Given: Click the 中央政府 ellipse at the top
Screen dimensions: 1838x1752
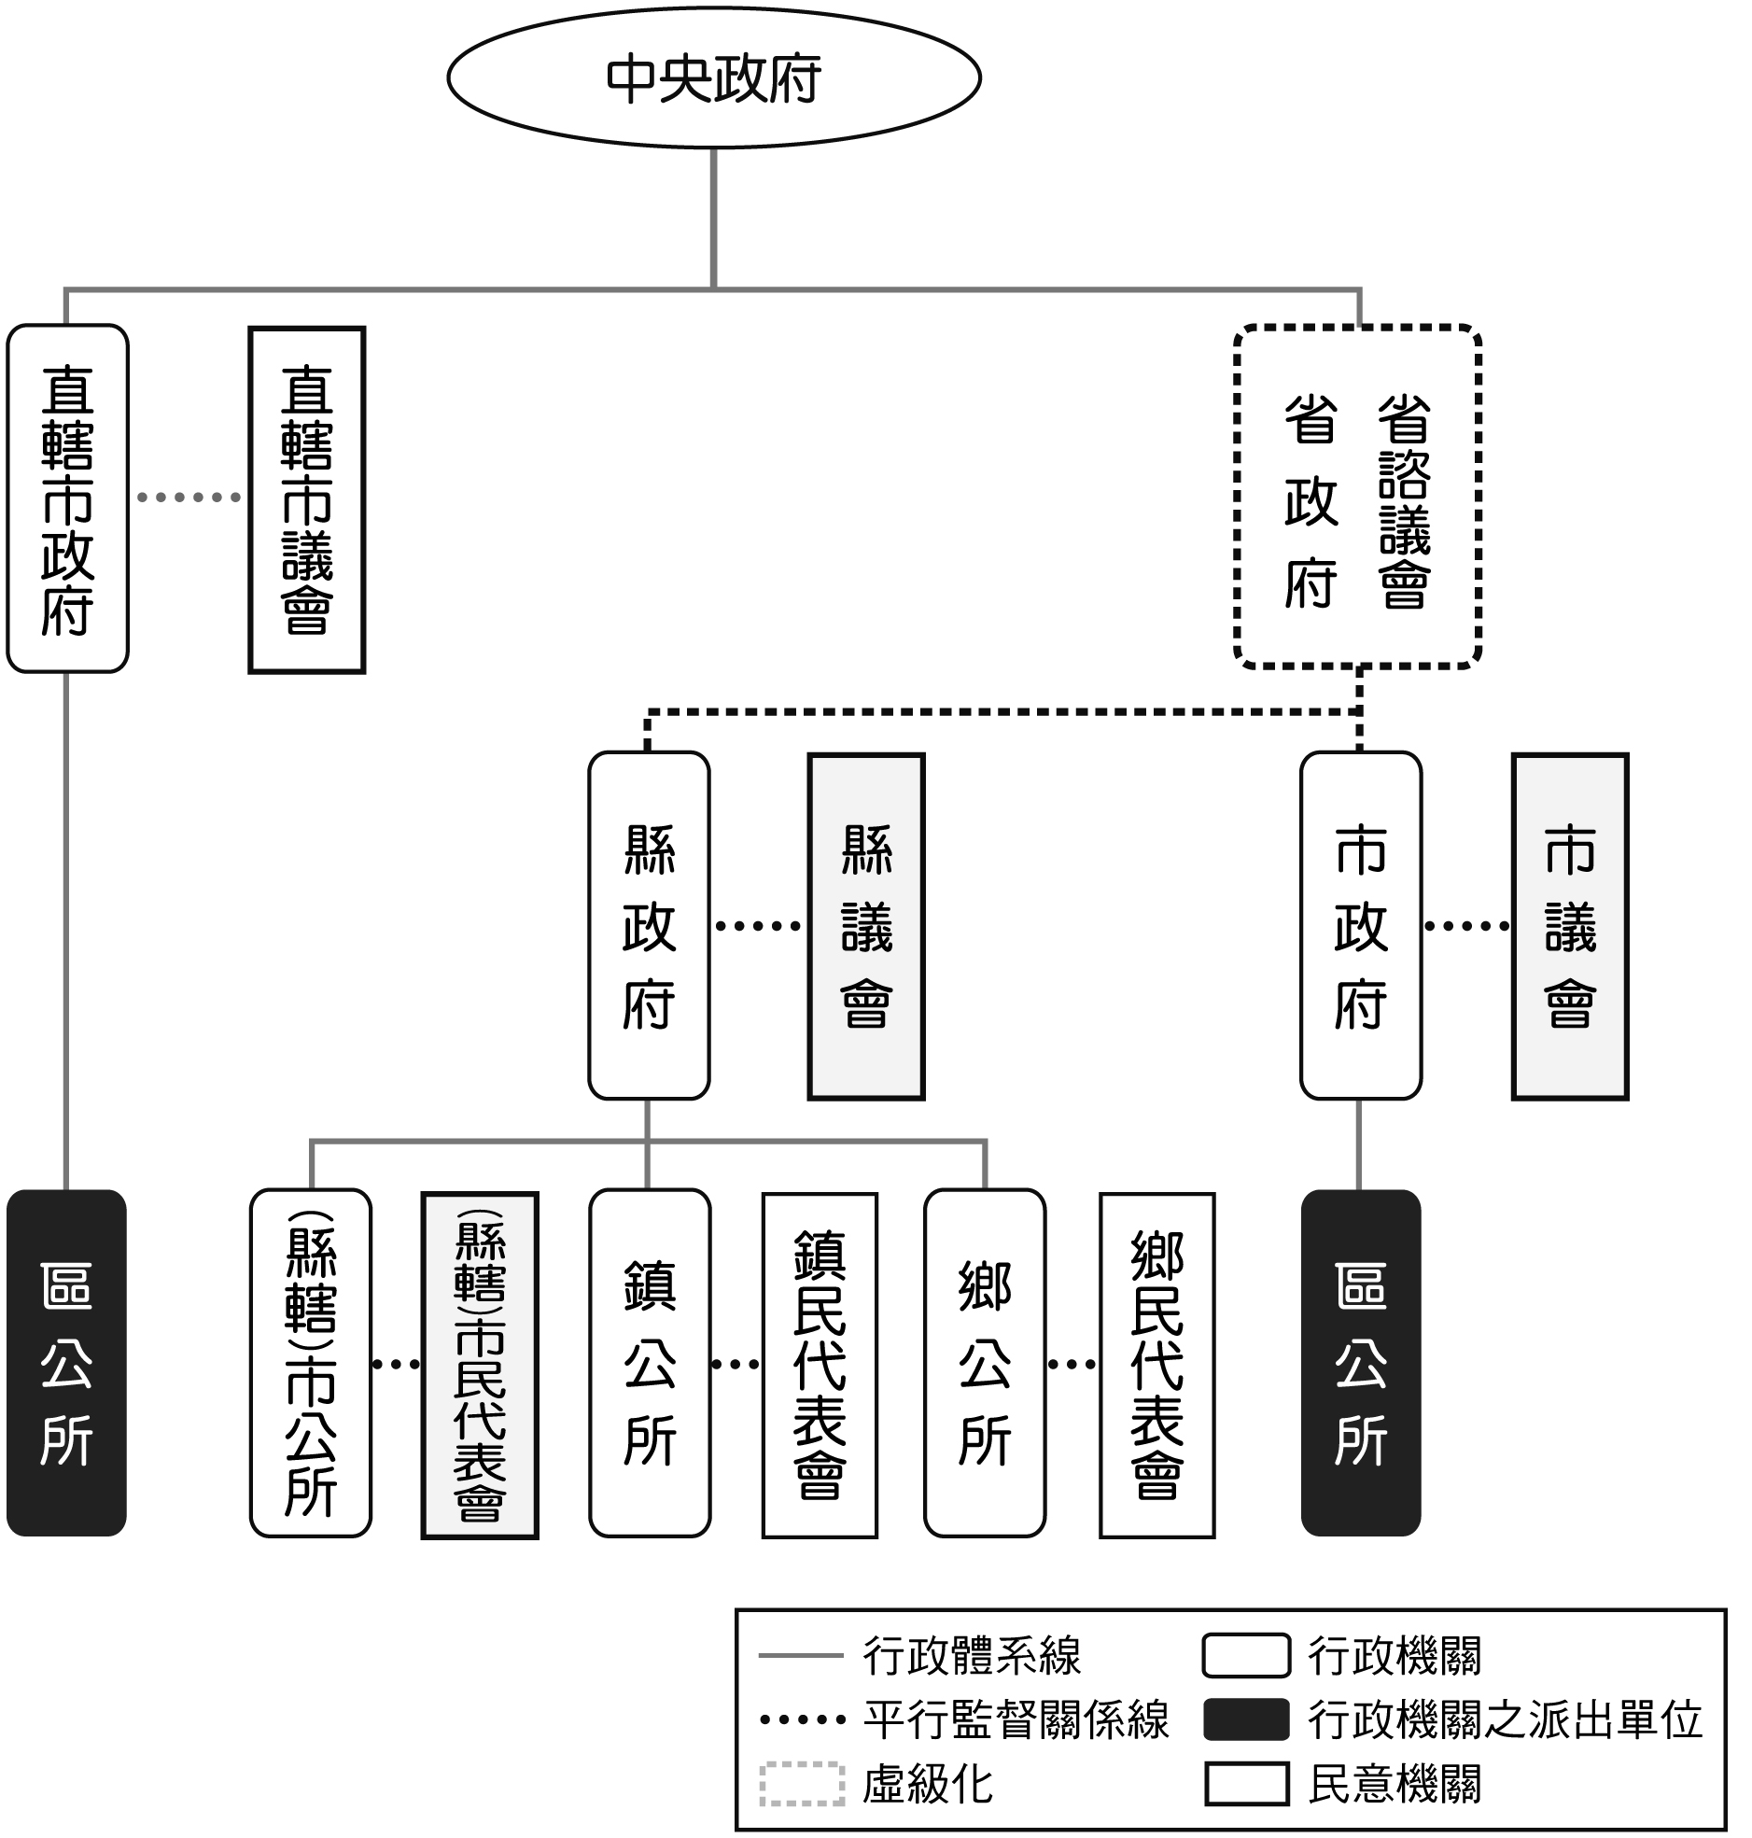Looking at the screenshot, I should pyautogui.click(x=713, y=78).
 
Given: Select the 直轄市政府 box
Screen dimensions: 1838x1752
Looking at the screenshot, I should pyautogui.click(x=67, y=498).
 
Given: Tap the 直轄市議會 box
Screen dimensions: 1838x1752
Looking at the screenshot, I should pyautogui.click(x=306, y=499).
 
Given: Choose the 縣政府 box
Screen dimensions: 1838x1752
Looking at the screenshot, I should pyautogui.click(x=649, y=926).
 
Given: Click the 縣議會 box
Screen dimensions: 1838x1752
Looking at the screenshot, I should pyautogui.click(x=865, y=927).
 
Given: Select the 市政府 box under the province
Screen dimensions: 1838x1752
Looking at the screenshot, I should pyautogui.click(x=1361, y=926).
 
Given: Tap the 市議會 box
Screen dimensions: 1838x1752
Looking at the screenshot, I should pyautogui.click(x=1570, y=927).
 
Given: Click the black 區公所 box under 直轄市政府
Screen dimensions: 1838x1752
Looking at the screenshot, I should pyautogui.click(x=66, y=1363).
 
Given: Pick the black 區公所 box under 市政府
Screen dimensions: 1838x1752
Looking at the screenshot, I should pyautogui.click(x=1361, y=1363).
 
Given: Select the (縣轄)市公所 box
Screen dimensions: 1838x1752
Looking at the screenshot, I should pyautogui.click(x=311, y=1363).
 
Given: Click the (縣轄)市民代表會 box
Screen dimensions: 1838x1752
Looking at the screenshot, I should pyautogui.click(x=480, y=1365).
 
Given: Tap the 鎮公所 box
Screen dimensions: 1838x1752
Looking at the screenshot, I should pyautogui.click(x=649, y=1363).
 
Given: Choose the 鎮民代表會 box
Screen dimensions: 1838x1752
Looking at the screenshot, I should pyautogui.click(x=819, y=1365).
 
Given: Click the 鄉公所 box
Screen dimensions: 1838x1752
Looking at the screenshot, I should pyautogui.click(x=985, y=1363).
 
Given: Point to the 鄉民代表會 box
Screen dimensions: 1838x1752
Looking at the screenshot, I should pyautogui.click(x=1157, y=1365).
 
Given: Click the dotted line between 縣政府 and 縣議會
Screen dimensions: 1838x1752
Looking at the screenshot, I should pyautogui.click(x=758, y=927).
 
